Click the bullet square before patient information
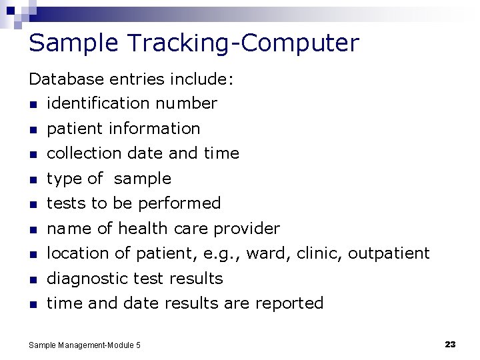point(32,129)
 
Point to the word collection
point(79,153)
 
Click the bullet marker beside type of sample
point(32,179)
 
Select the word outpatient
point(389,253)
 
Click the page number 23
point(450,345)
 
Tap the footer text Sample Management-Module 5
point(85,345)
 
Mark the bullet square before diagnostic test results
point(32,279)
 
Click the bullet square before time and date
point(32,305)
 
